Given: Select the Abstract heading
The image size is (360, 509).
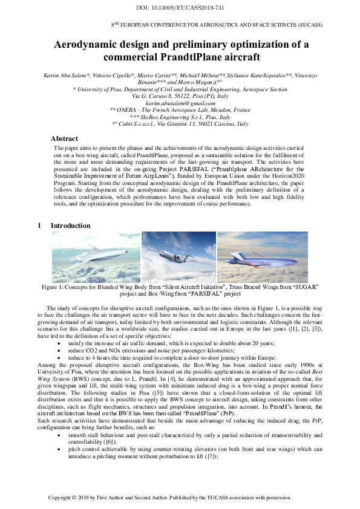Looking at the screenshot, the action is coord(64,138).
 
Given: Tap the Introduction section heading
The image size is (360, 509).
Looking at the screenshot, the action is coord(70,225).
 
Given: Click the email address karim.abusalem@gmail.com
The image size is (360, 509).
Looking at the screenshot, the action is coord(180,104).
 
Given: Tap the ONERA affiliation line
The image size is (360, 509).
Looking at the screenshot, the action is coord(180,111).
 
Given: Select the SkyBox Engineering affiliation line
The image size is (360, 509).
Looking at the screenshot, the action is coord(180,117).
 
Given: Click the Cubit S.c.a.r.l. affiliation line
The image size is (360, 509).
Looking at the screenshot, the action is coord(180,124).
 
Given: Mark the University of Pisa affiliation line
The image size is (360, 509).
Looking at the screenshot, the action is coord(180,89).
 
